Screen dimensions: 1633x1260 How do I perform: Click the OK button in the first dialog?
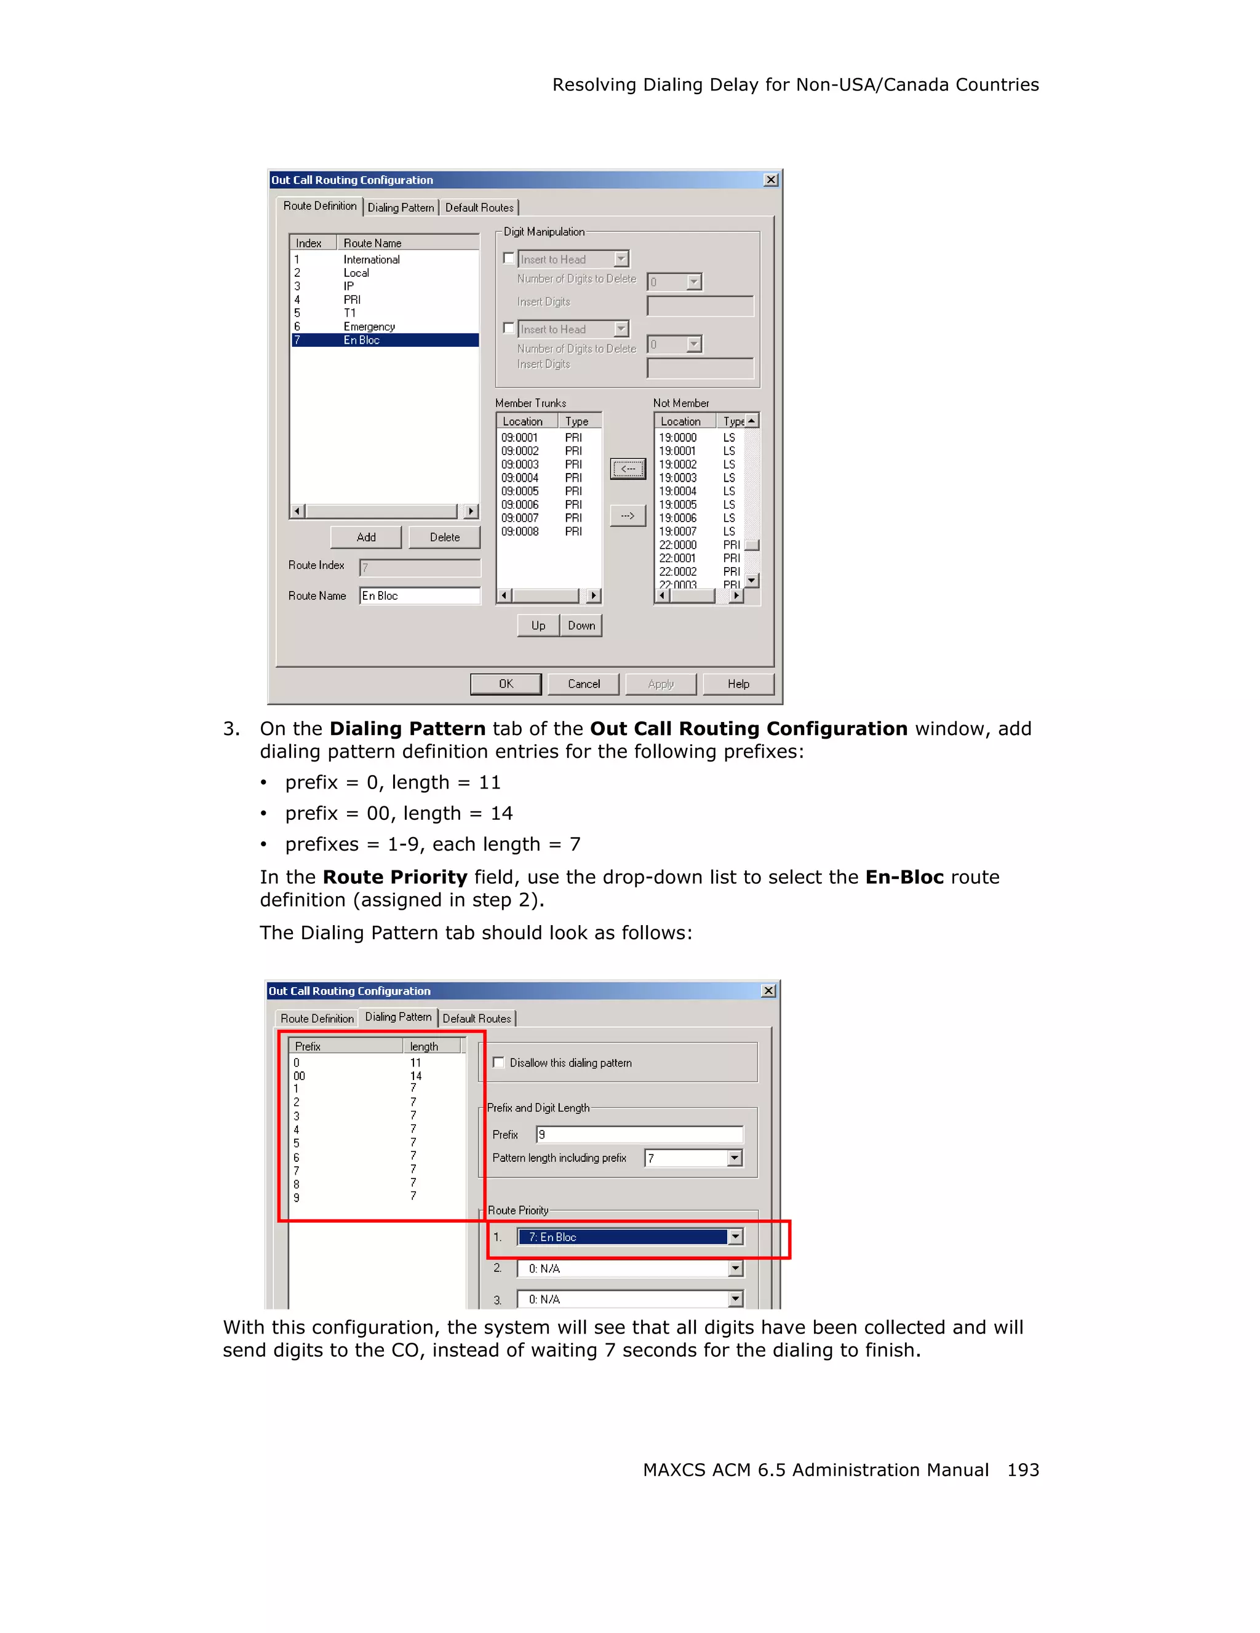pyautogui.click(x=506, y=683)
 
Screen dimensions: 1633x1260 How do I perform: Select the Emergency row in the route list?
pyautogui.click(x=369, y=327)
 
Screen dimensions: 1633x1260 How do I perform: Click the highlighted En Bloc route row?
pyautogui.click(x=385, y=340)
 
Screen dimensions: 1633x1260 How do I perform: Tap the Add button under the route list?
pyautogui.click(x=365, y=537)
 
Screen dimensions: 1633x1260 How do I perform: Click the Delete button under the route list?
pyautogui.click(x=444, y=537)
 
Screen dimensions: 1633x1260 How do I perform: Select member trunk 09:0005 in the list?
pyautogui.click(x=520, y=491)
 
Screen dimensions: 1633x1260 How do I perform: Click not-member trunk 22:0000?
pyautogui.click(x=677, y=545)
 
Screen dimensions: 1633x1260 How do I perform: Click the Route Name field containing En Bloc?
pyautogui.click(x=419, y=596)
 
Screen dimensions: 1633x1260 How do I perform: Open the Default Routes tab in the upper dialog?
pyautogui.click(x=479, y=208)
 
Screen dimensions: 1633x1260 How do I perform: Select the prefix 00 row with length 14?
pyautogui.click(x=299, y=1076)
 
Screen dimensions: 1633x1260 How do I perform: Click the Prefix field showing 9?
pyautogui.click(x=639, y=1134)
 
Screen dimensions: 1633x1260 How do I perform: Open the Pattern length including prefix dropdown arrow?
pyautogui.click(x=735, y=1158)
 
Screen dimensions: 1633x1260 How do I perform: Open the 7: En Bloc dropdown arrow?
pyautogui.click(x=735, y=1237)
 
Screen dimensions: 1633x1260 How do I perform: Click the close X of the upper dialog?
pyautogui.click(x=771, y=180)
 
